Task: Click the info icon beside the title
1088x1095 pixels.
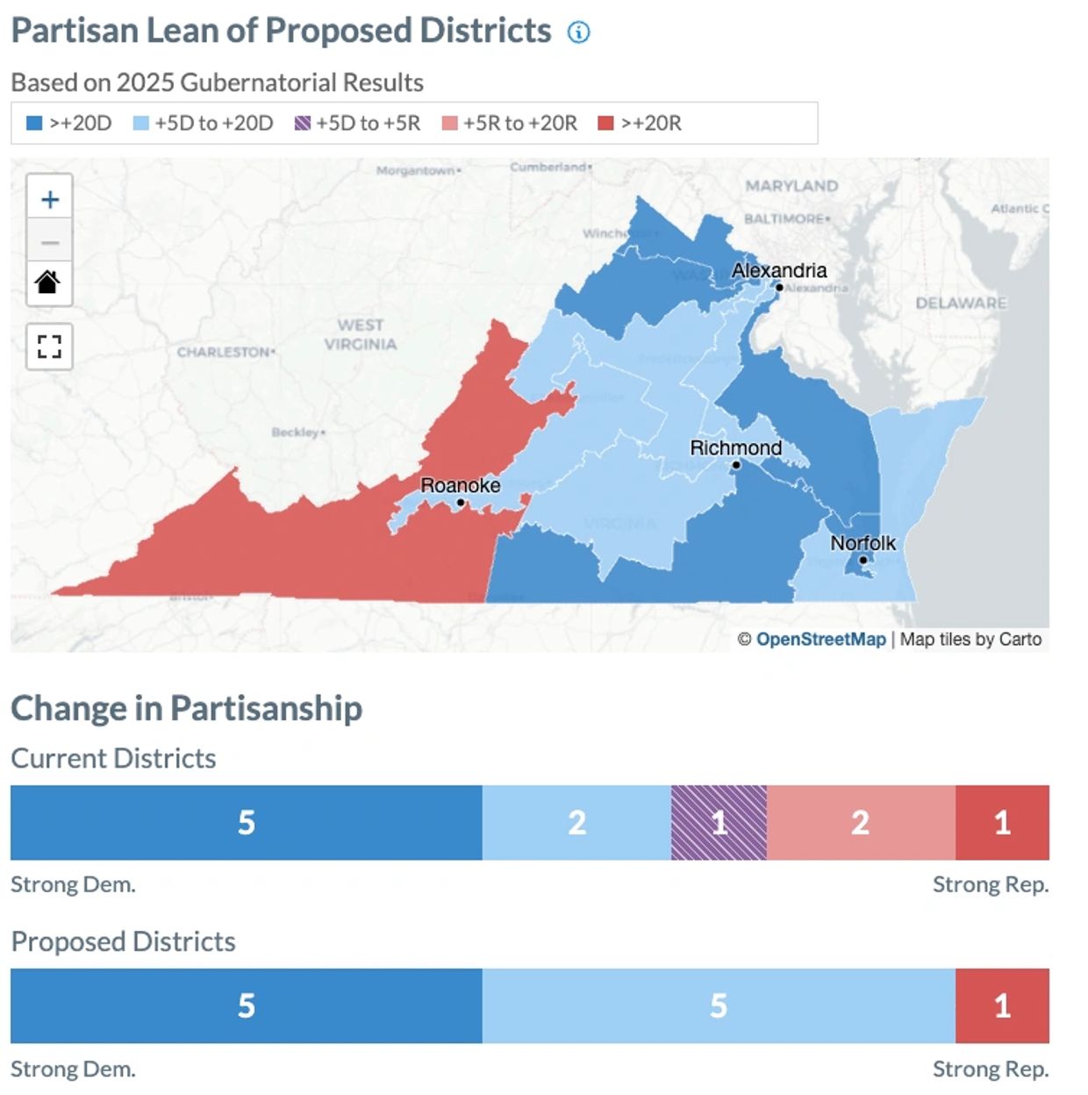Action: point(578,32)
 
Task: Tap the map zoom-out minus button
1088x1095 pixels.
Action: point(50,241)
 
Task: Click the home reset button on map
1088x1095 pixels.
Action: point(49,283)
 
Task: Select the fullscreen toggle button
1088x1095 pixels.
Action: point(49,347)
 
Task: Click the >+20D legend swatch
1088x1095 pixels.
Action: point(34,123)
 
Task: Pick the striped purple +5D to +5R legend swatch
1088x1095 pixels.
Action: point(303,123)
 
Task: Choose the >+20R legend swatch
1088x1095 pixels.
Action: point(605,123)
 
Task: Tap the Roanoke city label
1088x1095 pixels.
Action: point(460,485)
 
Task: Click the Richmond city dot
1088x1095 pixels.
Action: point(736,465)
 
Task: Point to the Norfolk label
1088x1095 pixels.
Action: point(863,543)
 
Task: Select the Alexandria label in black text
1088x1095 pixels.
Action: point(779,270)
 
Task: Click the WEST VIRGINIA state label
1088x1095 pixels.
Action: point(361,334)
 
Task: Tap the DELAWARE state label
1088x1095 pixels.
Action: point(961,304)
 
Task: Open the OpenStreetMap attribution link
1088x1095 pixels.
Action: point(820,639)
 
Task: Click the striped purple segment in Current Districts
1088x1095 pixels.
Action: point(719,822)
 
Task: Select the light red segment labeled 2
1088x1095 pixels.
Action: point(860,822)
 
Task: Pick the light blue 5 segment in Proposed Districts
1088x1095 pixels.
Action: point(718,1006)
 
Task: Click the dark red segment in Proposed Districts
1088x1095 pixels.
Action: point(1002,1006)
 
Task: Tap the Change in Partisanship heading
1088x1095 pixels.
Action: point(186,708)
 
